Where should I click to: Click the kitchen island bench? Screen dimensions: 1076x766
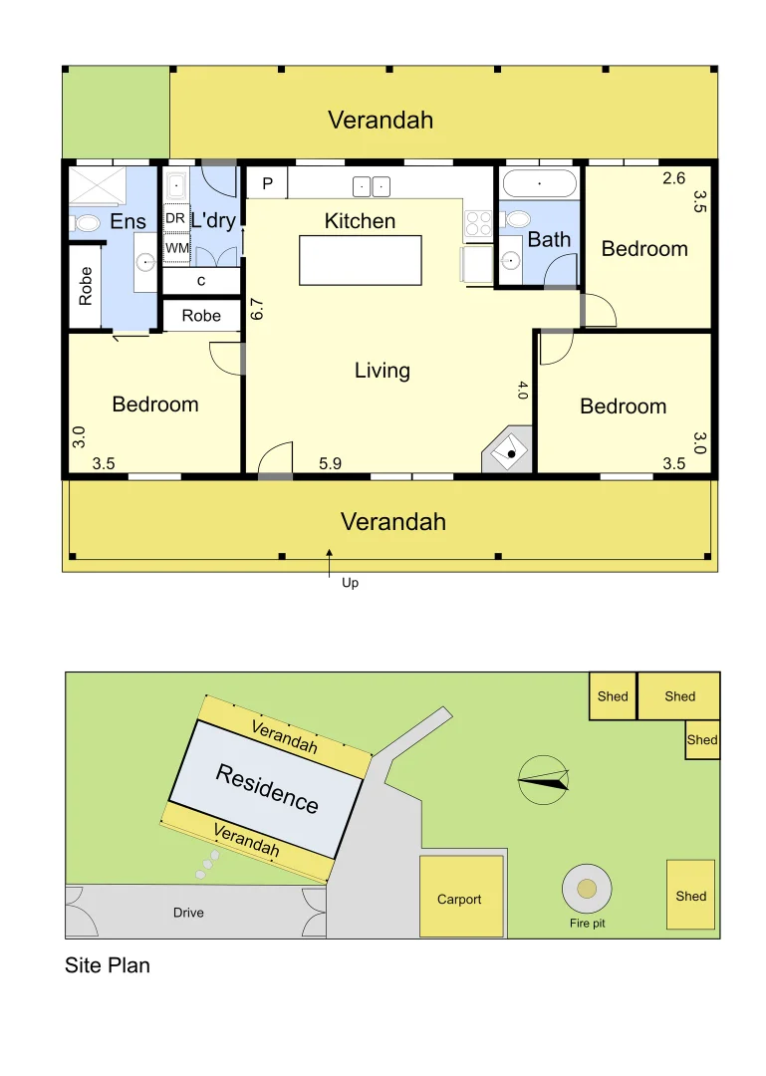[x=360, y=260]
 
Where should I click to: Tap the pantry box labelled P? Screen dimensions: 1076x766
[x=267, y=183]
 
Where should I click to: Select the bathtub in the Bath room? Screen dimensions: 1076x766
[x=539, y=184]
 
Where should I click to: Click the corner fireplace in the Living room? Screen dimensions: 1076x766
[x=509, y=451]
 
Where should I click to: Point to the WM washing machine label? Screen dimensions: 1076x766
[x=176, y=247]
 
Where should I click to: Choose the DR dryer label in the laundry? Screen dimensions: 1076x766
[x=175, y=218]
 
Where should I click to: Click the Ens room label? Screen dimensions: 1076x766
[x=128, y=221]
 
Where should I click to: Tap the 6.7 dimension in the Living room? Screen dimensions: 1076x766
[x=256, y=309]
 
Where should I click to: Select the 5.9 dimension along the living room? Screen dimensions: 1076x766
[x=331, y=463]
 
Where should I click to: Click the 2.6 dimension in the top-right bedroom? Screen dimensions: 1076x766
[x=674, y=179]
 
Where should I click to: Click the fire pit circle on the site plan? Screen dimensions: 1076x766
[x=587, y=888]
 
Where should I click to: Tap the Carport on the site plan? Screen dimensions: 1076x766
[x=459, y=899]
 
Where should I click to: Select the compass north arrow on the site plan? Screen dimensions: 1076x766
[x=545, y=779]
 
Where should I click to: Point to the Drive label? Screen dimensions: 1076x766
[x=188, y=912]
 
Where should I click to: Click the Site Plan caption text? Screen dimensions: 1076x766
[x=108, y=964]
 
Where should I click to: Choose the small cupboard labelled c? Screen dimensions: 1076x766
[x=201, y=281]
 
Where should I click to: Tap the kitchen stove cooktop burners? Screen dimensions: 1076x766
[x=479, y=222]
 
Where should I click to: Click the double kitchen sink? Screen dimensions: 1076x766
[x=372, y=185]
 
